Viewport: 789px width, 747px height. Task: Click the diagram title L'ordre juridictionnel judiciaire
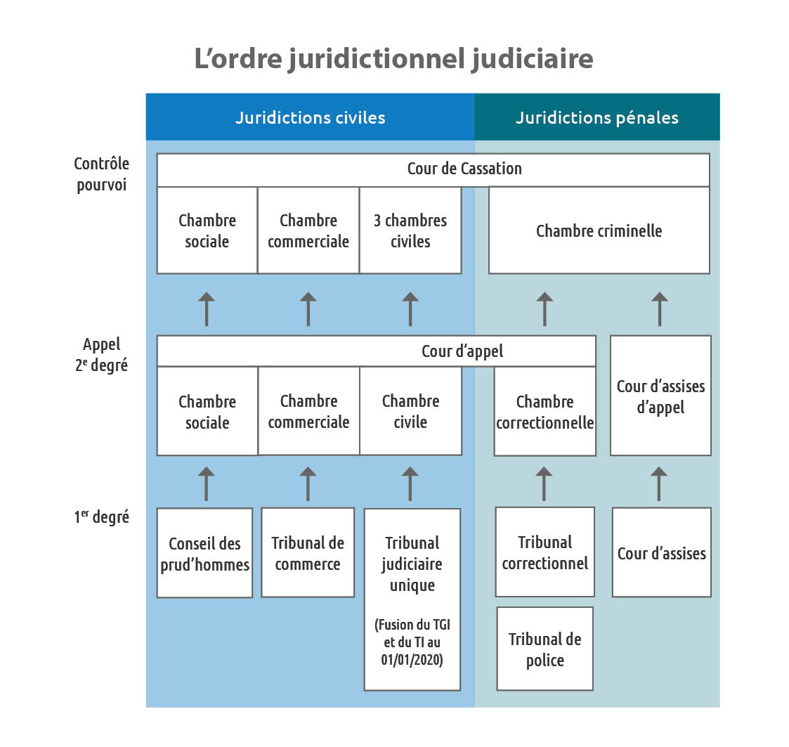tap(393, 59)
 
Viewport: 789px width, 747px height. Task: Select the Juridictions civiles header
tap(311, 117)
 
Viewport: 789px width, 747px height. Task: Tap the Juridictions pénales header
tap(597, 117)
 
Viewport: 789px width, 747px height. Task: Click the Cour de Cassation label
tap(464, 169)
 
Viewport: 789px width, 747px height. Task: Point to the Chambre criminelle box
tap(599, 230)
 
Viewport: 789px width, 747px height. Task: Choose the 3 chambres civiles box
tap(410, 230)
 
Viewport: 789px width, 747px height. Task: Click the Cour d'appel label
tap(462, 351)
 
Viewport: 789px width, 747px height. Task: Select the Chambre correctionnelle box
tap(545, 411)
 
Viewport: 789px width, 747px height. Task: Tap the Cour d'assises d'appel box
tap(660, 396)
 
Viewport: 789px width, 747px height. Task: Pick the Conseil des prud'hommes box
tap(204, 553)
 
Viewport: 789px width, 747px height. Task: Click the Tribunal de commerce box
tap(308, 552)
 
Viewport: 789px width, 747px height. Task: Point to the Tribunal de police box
tap(545, 649)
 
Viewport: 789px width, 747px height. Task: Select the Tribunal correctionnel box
tap(545, 552)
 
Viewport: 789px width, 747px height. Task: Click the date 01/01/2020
tap(412, 659)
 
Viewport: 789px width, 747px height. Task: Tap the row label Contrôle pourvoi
tap(102, 174)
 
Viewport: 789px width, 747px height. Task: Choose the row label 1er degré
tap(102, 517)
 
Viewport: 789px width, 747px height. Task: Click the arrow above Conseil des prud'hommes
tap(207, 484)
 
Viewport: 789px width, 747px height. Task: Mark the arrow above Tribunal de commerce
tap(308, 484)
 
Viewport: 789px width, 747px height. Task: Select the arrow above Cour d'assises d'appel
tap(660, 309)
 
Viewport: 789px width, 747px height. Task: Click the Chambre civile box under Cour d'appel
tap(410, 411)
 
